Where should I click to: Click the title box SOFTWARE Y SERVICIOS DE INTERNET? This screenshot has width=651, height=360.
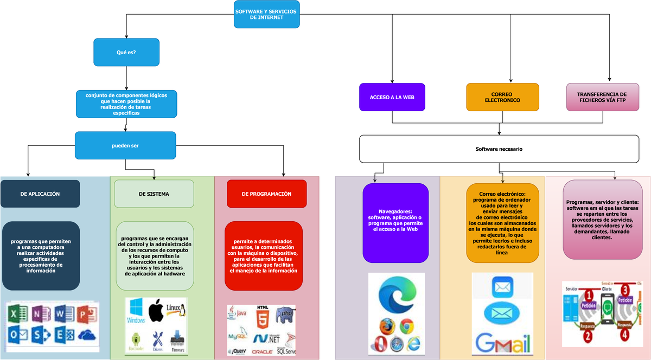click(x=266, y=14)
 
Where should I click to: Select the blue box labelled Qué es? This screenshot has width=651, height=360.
click(x=126, y=52)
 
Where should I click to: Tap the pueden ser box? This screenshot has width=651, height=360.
click(x=125, y=145)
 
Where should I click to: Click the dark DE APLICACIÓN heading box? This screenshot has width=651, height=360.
click(x=40, y=194)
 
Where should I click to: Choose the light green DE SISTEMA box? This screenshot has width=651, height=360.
click(x=154, y=194)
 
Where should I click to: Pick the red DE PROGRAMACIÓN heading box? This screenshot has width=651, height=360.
click(x=266, y=194)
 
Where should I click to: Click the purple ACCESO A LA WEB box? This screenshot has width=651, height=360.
click(x=392, y=97)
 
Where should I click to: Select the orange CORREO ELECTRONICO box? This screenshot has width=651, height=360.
click(x=502, y=97)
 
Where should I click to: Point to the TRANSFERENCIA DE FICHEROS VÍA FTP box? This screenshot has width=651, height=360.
click(x=602, y=97)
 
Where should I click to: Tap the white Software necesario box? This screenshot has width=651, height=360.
click(x=499, y=149)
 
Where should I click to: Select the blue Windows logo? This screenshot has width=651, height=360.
click(x=136, y=311)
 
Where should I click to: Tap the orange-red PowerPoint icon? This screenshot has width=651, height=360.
click(x=86, y=314)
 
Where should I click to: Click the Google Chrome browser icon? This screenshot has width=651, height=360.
click(x=407, y=326)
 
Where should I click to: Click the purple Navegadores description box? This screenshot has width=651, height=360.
click(x=395, y=222)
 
